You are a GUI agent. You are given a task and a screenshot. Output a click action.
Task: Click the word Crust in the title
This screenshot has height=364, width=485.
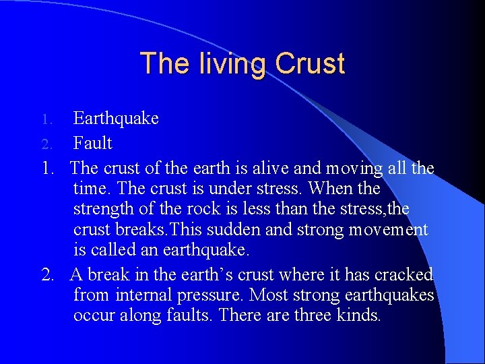pyautogui.click(x=311, y=64)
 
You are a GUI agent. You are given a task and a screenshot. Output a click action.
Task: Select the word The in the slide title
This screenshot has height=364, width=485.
pyautogui.click(x=160, y=64)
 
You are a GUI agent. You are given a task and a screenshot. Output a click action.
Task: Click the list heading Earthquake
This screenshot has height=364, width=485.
pyautogui.click(x=116, y=119)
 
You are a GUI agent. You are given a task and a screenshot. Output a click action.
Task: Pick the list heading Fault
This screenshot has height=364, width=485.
pyautogui.click(x=92, y=144)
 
